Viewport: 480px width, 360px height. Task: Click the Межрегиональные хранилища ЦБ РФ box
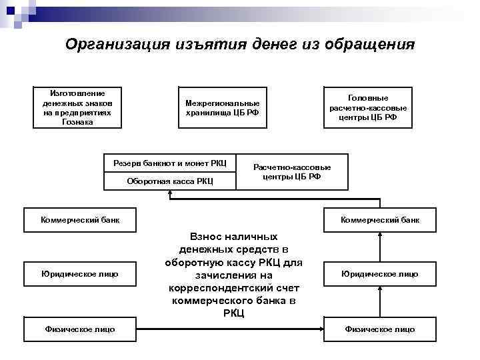[222, 108]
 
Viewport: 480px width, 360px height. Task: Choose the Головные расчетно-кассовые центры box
[368, 107]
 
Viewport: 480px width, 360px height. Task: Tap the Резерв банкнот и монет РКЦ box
[170, 163]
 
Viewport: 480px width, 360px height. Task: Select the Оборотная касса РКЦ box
[170, 181]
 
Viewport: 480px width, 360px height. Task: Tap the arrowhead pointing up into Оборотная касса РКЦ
[170, 194]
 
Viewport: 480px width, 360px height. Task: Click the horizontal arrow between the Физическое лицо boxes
[233, 329]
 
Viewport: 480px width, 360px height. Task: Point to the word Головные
[368, 97]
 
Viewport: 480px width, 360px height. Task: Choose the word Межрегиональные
[222, 103]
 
